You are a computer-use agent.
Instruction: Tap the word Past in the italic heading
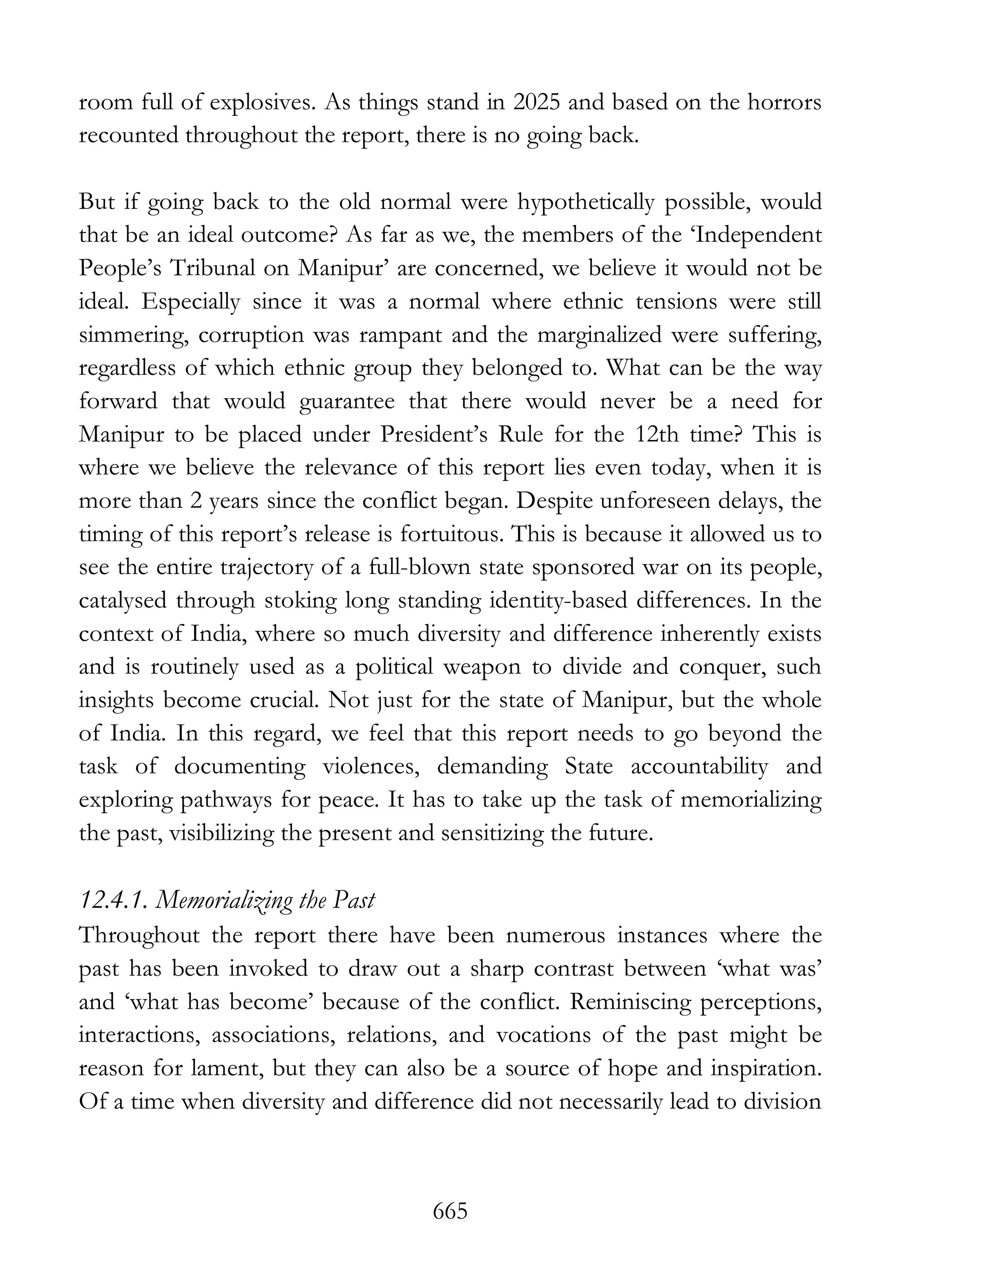(353, 901)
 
